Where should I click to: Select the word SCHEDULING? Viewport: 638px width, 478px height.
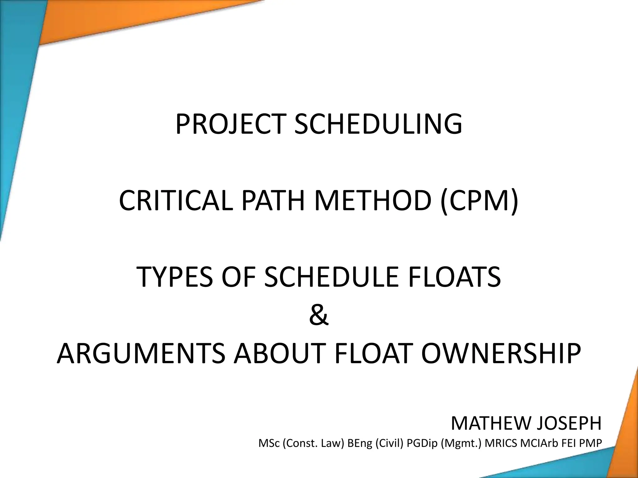click(378, 124)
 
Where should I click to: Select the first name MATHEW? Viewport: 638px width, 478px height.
click(490, 424)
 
